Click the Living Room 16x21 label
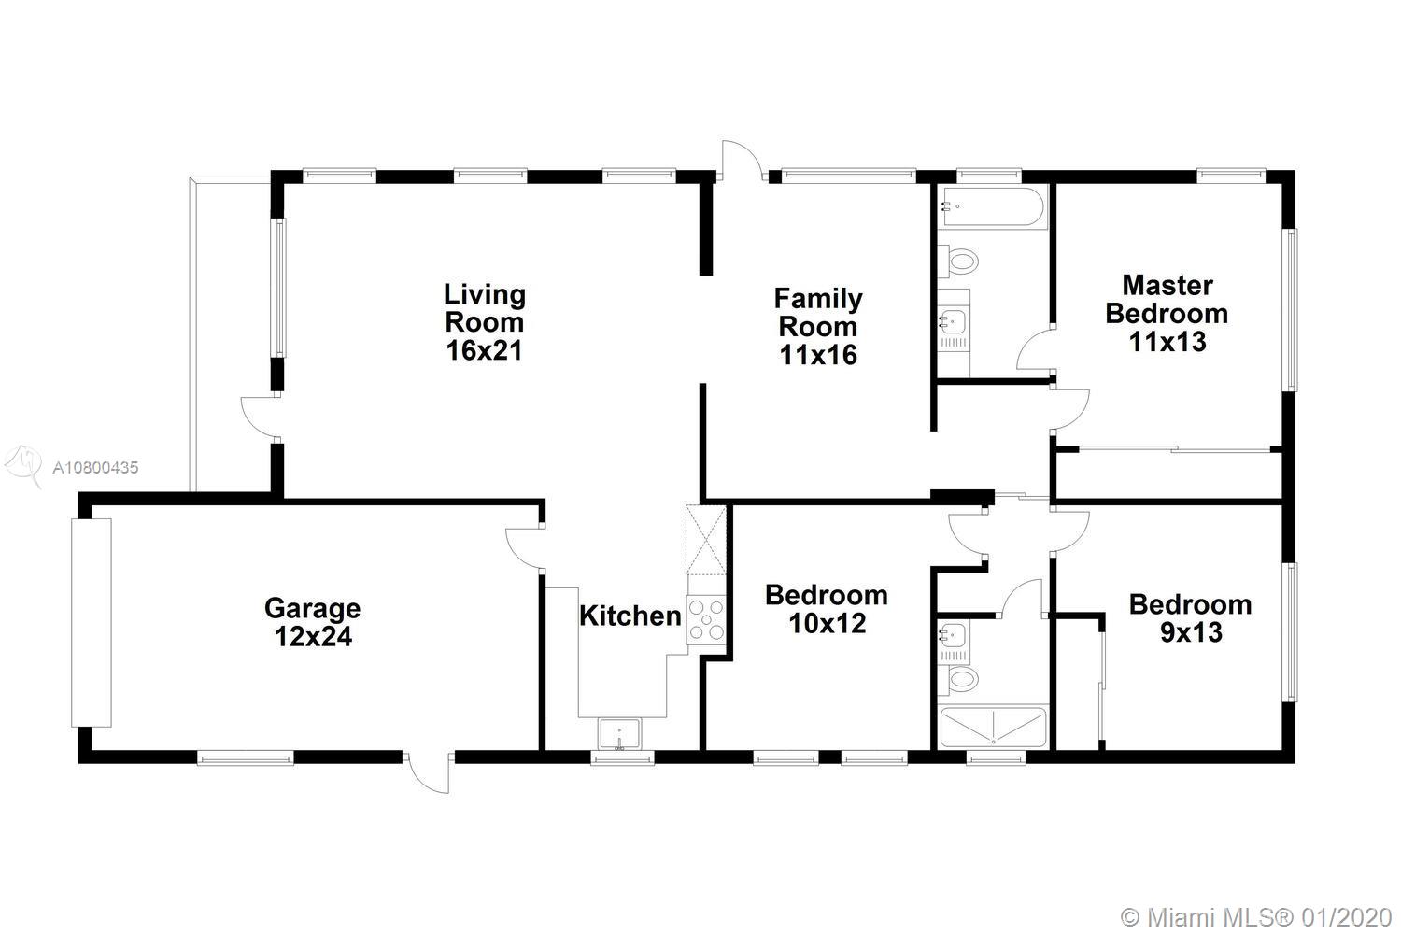(x=485, y=323)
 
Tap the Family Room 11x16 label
(x=818, y=327)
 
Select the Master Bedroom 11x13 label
(x=1167, y=314)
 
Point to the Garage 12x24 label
(x=313, y=622)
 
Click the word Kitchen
(x=630, y=616)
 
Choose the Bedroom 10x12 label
(x=827, y=609)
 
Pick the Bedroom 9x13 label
(x=1191, y=618)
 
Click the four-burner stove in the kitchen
(x=706, y=620)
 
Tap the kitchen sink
(x=619, y=734)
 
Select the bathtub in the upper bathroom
(x=992, y=207)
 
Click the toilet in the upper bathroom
(x=957, y=261)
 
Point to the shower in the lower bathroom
(x=993, y=727)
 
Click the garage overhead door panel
(x=92, y=623)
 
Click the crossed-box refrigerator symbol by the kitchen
(x=706, y=540)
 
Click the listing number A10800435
(x=95, y=467)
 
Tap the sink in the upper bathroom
(x=954, y=322)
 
